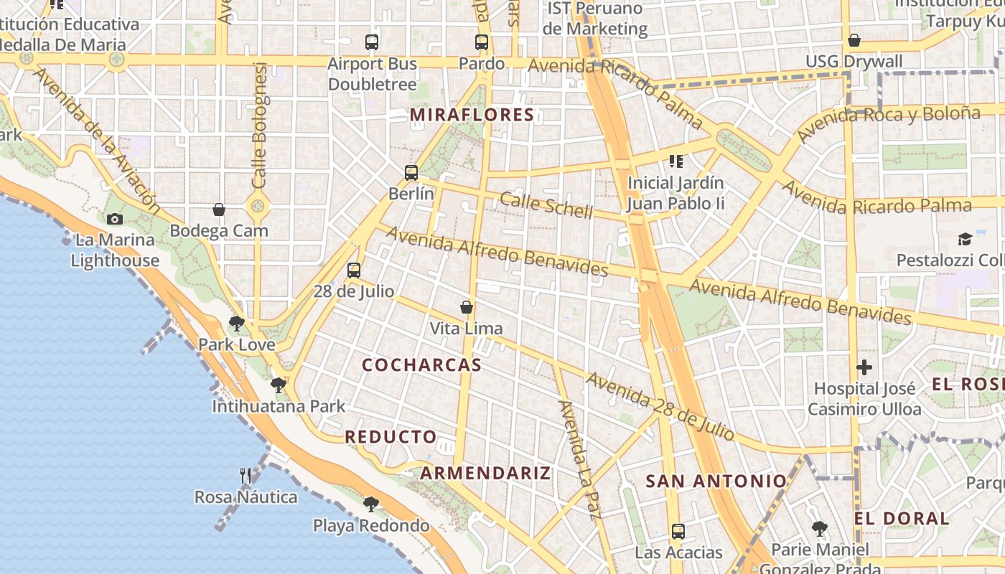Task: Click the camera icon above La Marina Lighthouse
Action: tap(114, 219)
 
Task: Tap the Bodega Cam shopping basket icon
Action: tap(219, 210)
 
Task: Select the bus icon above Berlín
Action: tap(411, 172)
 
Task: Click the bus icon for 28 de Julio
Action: tap(353, 270)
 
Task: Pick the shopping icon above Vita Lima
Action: tap(467, 307)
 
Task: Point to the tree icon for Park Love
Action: tap(236, 324)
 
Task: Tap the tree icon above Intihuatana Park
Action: tap(279, 385)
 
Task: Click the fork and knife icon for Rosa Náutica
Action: tap(246, 475)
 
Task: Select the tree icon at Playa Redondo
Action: tap(370, 504)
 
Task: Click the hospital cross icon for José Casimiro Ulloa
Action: tap(864, 368)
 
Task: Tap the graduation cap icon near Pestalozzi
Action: tap(965, 239)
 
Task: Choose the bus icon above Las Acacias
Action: tap(678, 532)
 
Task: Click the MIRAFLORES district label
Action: tap(472, 115)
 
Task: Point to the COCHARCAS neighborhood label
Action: tap(421, 365)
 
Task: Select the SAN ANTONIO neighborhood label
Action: tap(716, 481)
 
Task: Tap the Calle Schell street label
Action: tap(546, 205)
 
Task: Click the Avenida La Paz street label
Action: tap(579, 459)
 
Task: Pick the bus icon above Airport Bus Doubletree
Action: tap(372, 42)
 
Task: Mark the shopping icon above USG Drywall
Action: tap(854, 40)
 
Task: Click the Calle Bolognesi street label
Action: tap(259, 126)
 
